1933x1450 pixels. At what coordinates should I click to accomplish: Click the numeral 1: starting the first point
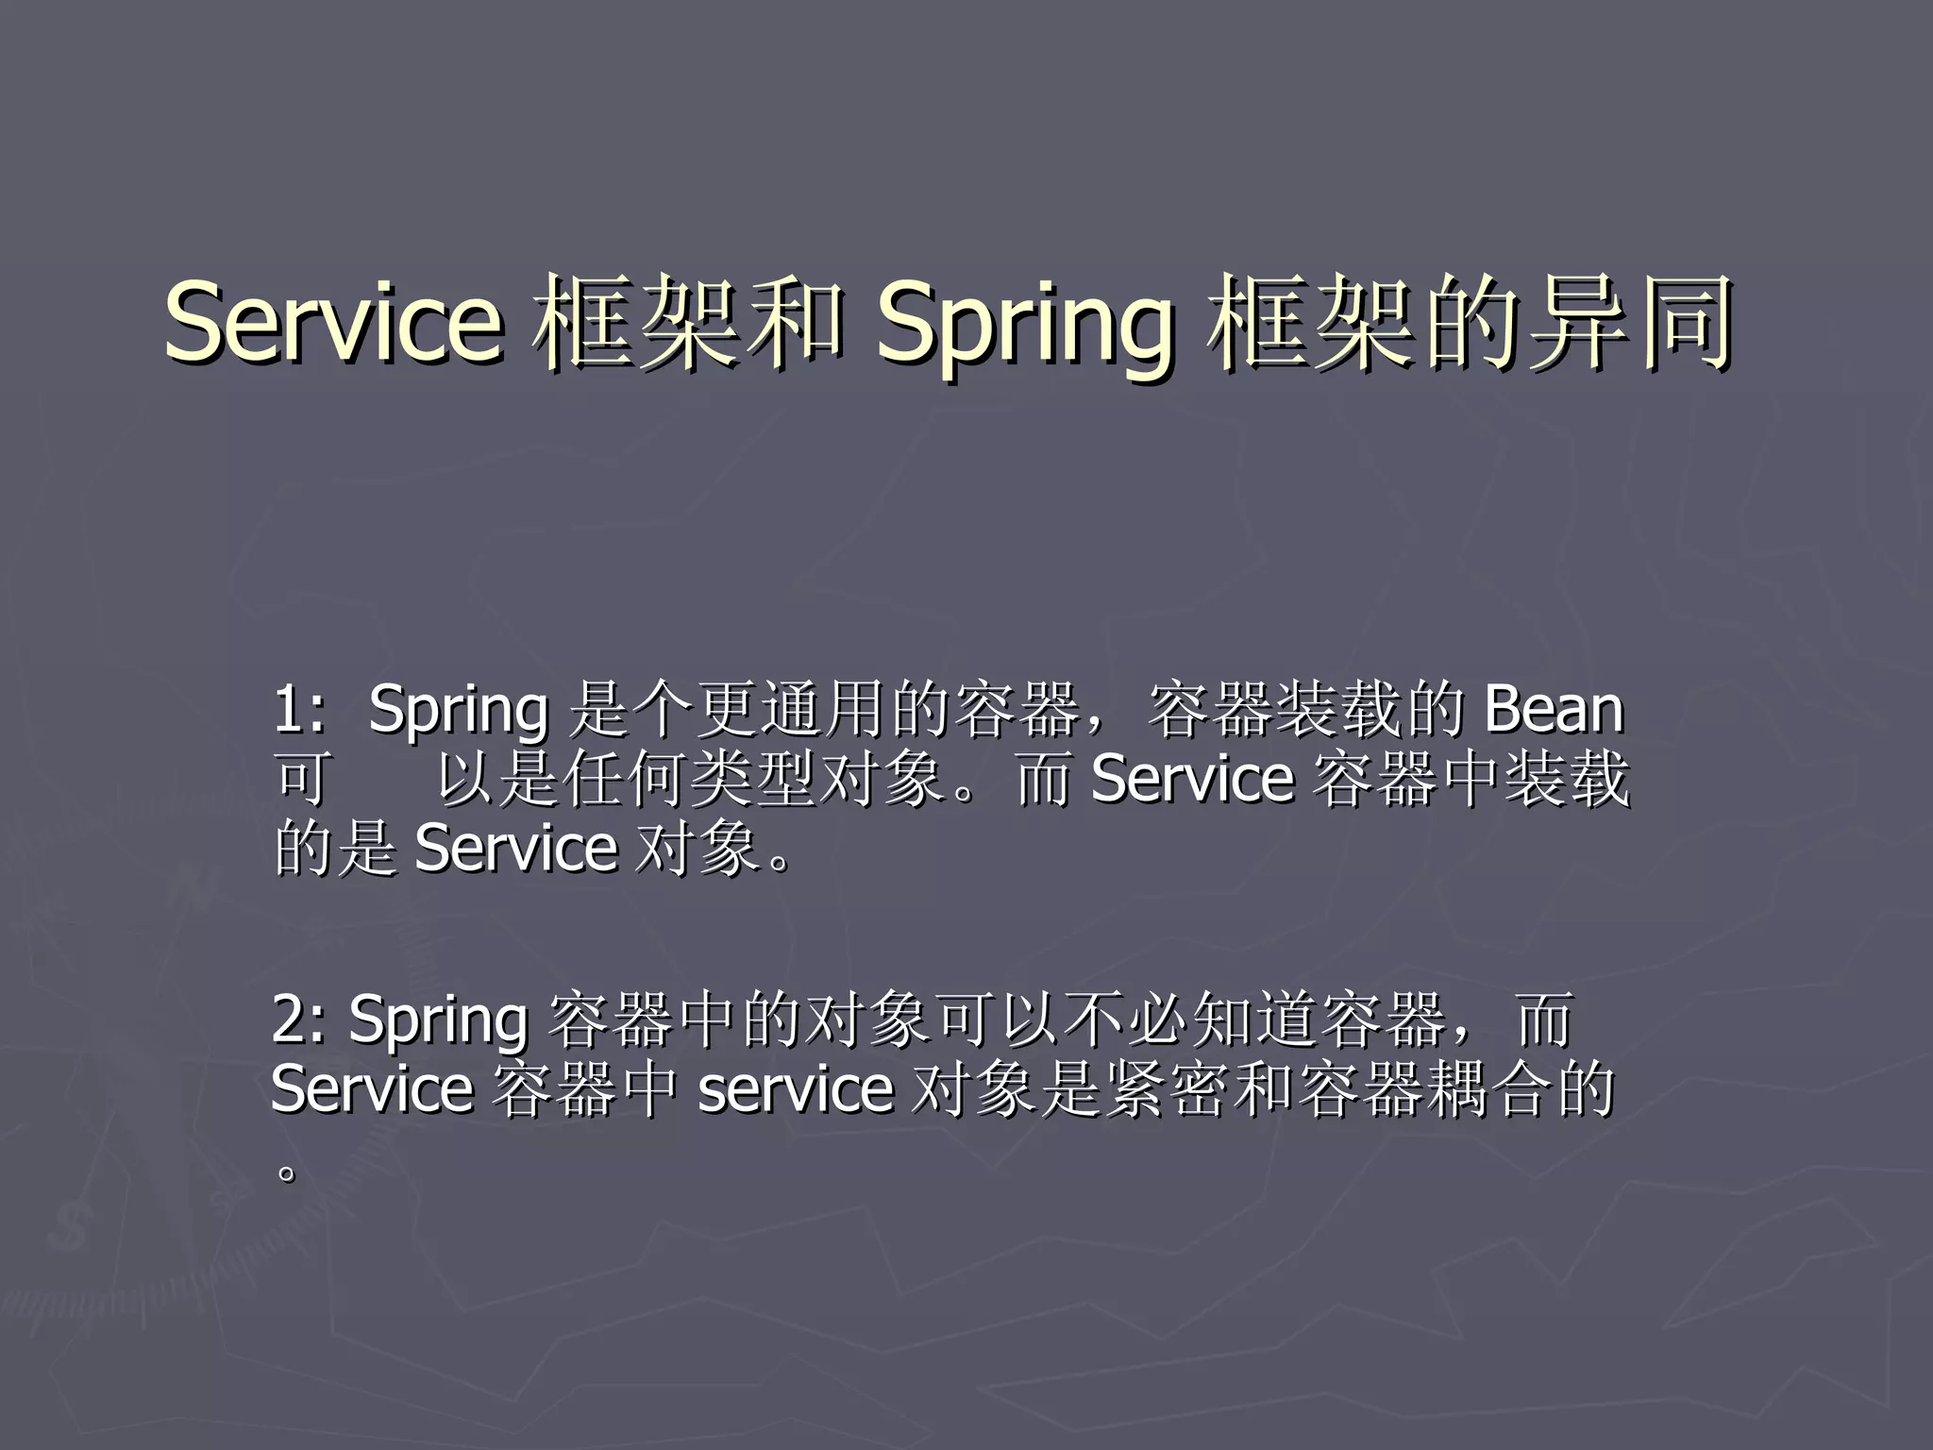pyautogui.click(x=300, y=709)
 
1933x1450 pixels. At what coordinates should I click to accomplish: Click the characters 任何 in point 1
pyautogui.click(x=625, y=779)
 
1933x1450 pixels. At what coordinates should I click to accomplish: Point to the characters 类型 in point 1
pyautogui.click(x=753, y=779)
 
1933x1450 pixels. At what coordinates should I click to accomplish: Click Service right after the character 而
pyautogui.click(x=1191, y=779)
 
